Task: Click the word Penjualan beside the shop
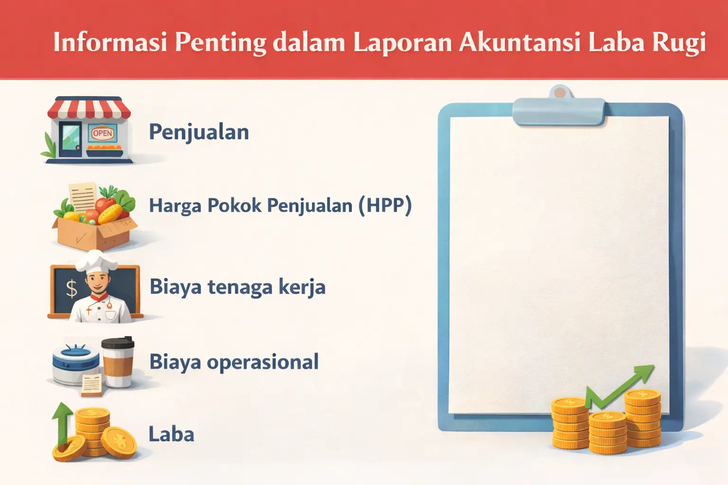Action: click(x=199, y=132)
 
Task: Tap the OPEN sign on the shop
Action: click(x=102, y=133)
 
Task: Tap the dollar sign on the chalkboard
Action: click(x=71, y=288)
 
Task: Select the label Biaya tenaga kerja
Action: click(x=237, y=287)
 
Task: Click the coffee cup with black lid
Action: click(x=118, y=362)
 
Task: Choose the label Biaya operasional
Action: click(x=234, y=362)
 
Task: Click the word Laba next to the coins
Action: click(x=172, y=434)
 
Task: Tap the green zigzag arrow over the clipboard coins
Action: click(x=621, y=386)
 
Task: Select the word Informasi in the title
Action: click(x=110, y=42)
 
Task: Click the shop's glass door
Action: click(x=70, y=140)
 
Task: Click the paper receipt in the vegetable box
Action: click(x=82, y=196)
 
